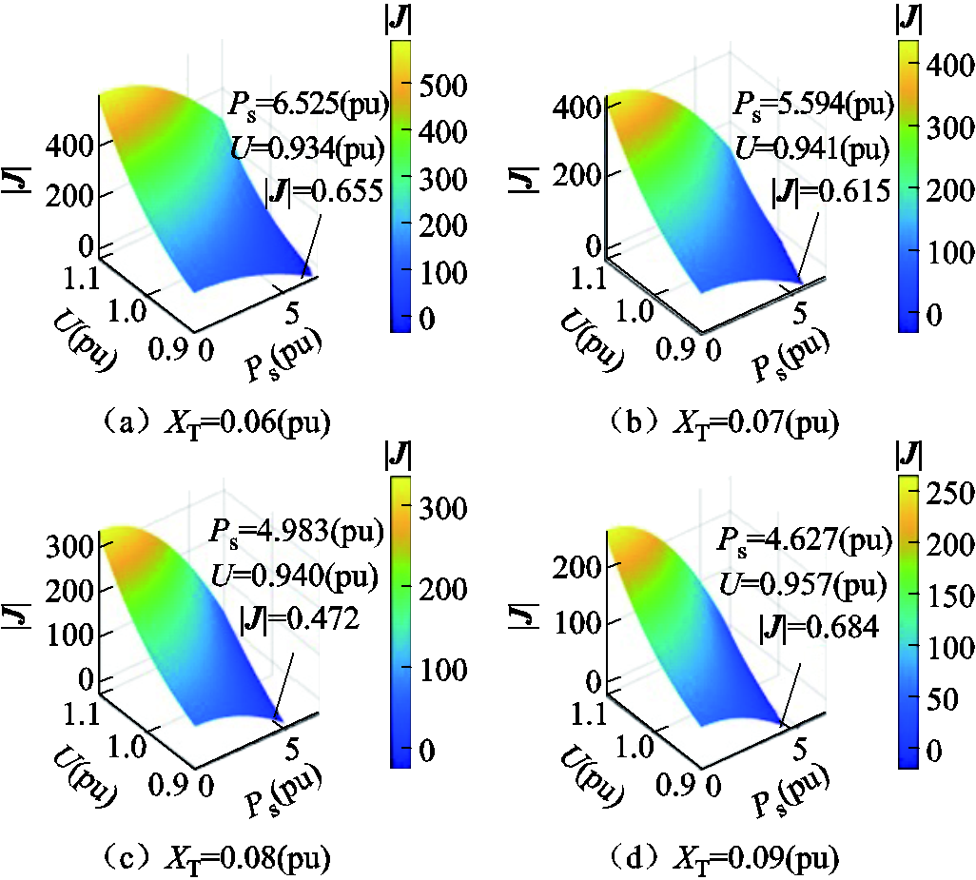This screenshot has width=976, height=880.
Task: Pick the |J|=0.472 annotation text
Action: pos(302,619)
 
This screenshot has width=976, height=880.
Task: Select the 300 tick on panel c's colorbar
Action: pos(446,508)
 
